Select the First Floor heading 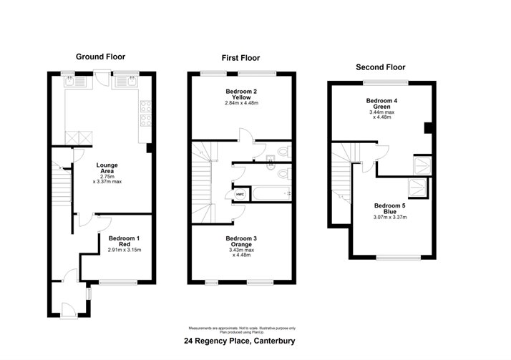pos(240,58)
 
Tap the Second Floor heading pos(381,67)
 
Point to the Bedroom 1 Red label pos(125,240)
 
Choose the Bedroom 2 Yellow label pos(240,95)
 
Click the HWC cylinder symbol pos(238,193)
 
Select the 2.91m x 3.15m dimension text pos(125,250)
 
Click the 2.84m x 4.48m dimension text pos(240,104)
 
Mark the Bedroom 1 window pos(117,282)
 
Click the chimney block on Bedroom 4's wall pos(428,128)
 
